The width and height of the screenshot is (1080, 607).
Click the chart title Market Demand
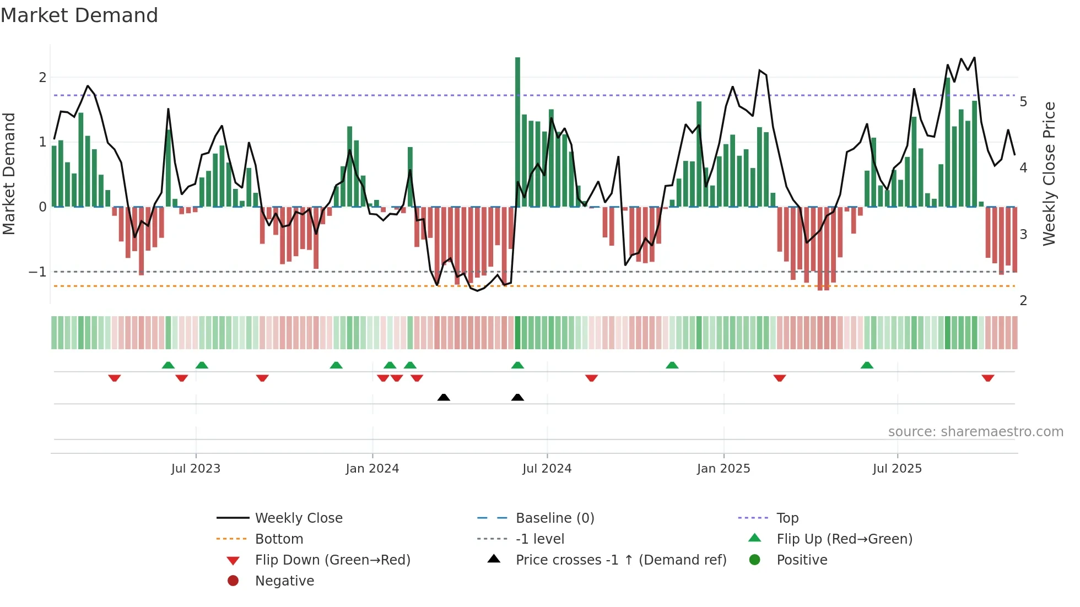tap(79, 15)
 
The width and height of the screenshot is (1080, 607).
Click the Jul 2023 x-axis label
tap(196, 469)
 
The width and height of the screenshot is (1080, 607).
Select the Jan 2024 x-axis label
tap(372, 469)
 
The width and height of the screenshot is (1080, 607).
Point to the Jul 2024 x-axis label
tap(547, 469)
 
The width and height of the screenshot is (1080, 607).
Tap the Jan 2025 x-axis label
tap(723, 469)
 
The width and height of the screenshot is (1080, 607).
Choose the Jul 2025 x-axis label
tap(897, 469)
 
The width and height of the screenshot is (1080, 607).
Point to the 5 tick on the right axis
tap(1023, 102)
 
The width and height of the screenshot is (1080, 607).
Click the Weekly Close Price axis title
tap(1049, 174)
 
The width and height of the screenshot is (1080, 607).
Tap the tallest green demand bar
tap(517, 132)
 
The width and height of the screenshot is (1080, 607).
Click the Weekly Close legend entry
tap(298, 518)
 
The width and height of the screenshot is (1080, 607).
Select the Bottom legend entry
tap(279, 539)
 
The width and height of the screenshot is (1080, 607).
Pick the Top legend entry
tap(787, 518)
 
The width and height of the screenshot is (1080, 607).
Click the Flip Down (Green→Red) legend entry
tap(332, 560)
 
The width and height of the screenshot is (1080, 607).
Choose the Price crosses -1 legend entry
tap(620, 560)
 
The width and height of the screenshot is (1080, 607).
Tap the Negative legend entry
tap(284, 581)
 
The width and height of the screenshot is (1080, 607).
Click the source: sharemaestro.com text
tap(975, 432)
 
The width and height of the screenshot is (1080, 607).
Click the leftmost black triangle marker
tap(444, 397)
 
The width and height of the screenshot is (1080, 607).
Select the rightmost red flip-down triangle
tap(987, 378)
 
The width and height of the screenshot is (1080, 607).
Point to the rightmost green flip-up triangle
tap(867, 365)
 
